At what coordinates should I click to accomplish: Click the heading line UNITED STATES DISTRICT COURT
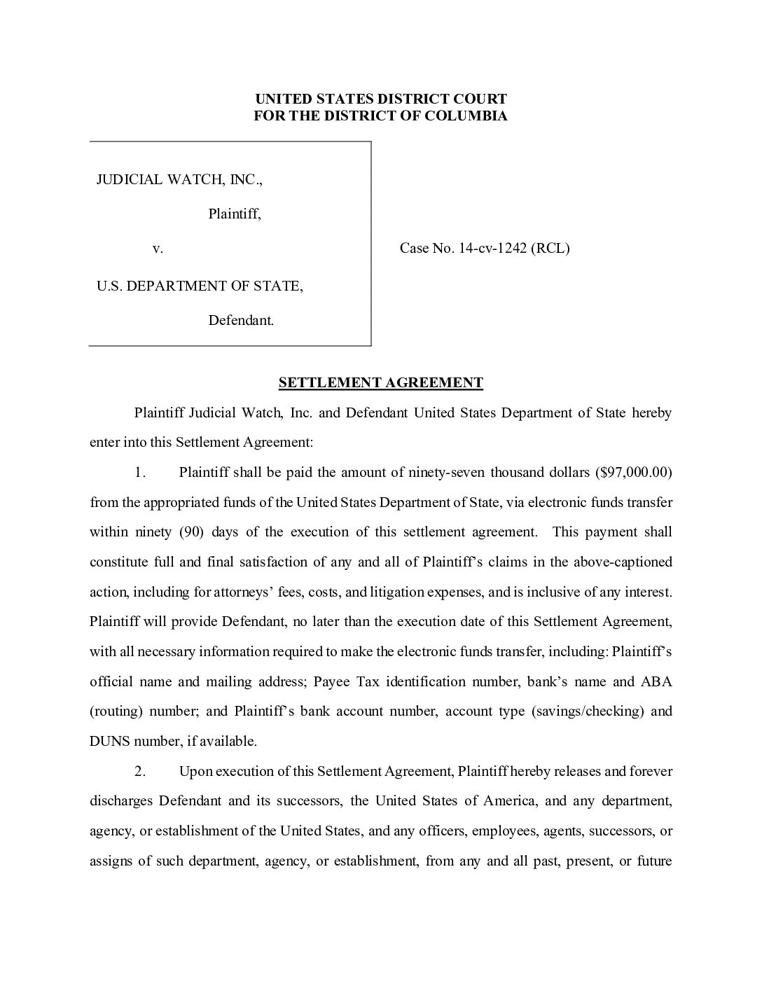click(x=380, y=99)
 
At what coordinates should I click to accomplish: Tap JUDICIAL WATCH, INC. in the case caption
click(x=179, y=180)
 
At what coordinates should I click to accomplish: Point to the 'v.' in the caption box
click(x=158, y=248)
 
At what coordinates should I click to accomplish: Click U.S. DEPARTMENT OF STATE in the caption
click(x=200, y=286)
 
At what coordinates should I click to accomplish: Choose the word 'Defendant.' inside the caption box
click(x=241, y=321)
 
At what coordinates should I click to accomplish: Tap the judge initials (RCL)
click(x=550, y=248)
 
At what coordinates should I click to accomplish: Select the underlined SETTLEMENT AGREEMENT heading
click(x=380, y=382)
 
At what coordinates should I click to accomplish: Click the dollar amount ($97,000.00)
click(x=633, y=472)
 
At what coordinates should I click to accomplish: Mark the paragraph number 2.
click(x=140, y=772)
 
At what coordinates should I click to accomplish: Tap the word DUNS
click(x=109, y=741)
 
